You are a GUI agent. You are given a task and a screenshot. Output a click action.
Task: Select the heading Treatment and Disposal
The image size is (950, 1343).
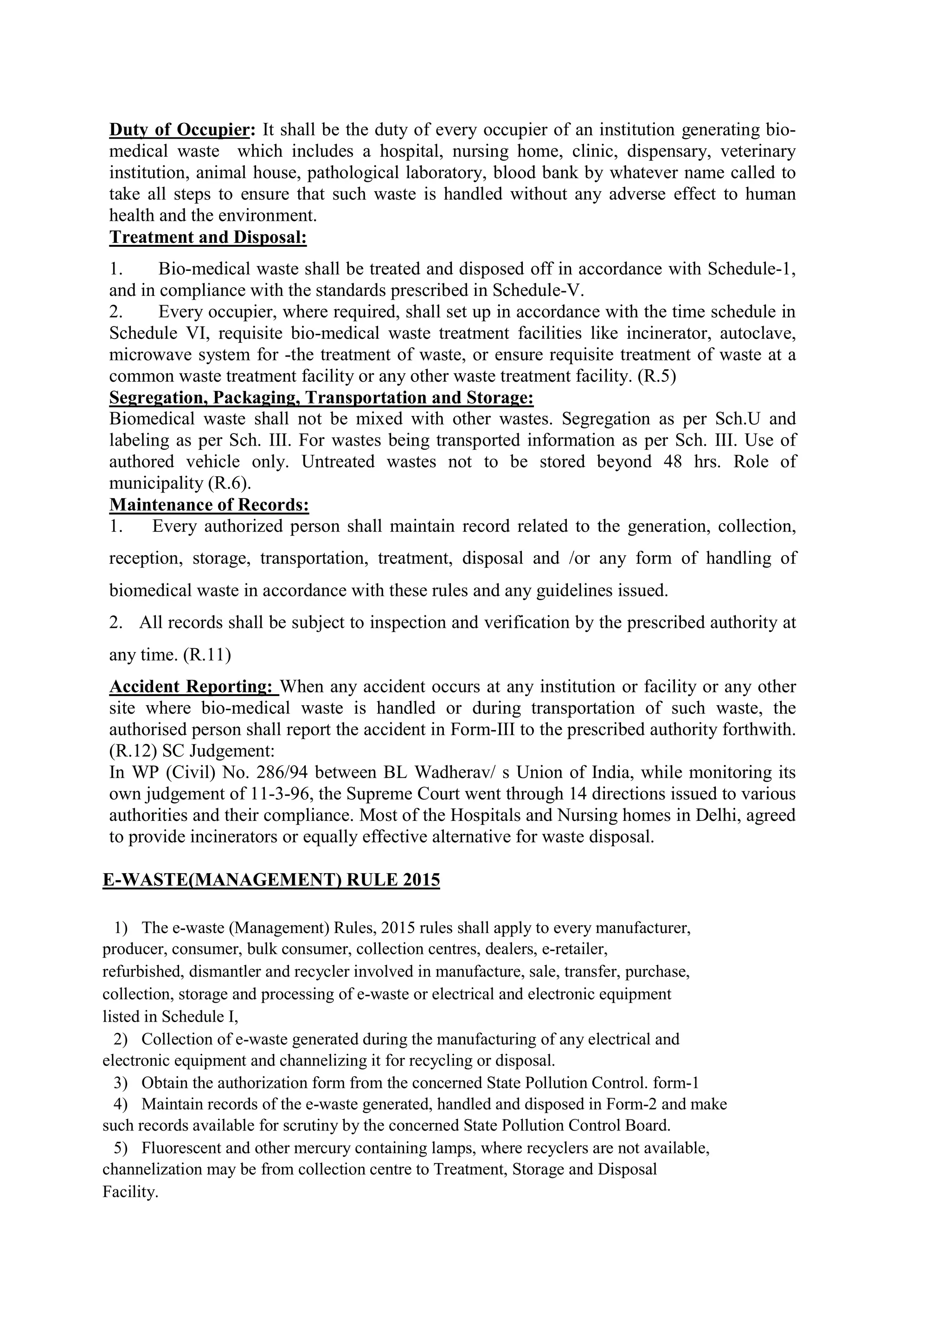click(x=208, y=237)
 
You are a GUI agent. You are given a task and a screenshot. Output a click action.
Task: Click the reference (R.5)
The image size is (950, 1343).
click(x=656, y=376)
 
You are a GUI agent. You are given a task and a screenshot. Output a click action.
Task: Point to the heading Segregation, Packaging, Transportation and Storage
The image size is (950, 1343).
click(x=321, y=398)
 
